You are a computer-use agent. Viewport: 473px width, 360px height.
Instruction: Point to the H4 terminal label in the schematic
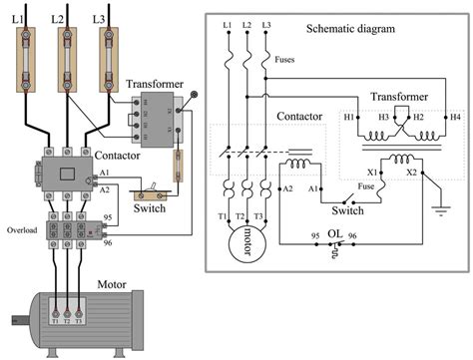[x=455, y=117]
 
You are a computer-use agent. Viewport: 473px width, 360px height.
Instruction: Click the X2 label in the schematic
[x=409, y=172]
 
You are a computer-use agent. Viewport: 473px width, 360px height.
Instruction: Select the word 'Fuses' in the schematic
[x=284, y=60]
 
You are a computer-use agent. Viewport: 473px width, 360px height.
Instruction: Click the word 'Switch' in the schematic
[x=347, y=210]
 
